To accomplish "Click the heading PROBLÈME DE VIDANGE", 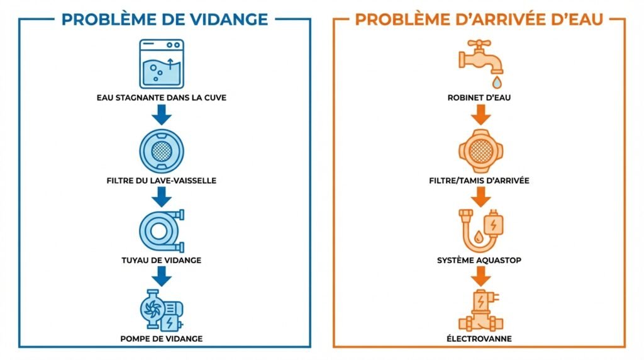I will (x=164, y=19).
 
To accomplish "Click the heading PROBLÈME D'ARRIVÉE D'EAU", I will (x=479, y=19).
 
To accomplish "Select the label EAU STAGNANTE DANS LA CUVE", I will (x=162, y=98).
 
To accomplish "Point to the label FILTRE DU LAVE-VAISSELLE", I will (x=162, y=181).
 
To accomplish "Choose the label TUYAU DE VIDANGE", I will (x=162, y=260).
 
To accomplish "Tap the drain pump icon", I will (x=162, y=310).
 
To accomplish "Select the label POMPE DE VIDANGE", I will (x=162, y=339).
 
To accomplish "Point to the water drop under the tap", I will (x=497, y=82).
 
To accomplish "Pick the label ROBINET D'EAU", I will (x=480, y=98).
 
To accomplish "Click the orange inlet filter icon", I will (x=481, y=150).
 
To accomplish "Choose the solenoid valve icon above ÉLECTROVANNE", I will (x=481, y=310).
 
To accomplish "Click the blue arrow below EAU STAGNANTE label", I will (x=162, y=115).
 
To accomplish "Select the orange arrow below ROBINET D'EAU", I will (x=481, y=115).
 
